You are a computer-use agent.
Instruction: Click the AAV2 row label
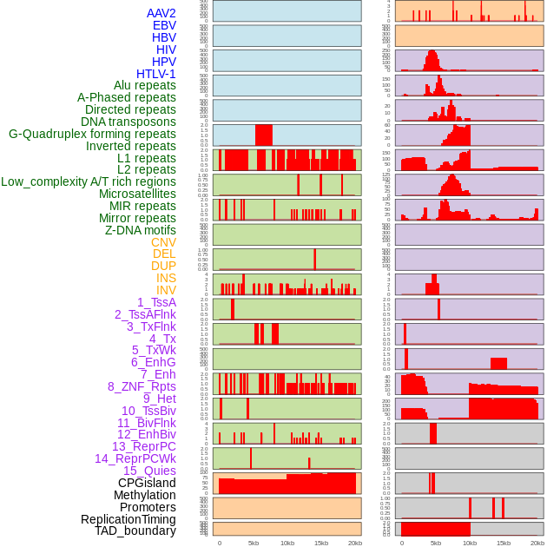click(161, 13)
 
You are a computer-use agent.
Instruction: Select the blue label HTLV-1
click(155, 74)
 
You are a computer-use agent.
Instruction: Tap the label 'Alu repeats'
click(144, 85)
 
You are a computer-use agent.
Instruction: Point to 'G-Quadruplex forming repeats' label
click(92, 134)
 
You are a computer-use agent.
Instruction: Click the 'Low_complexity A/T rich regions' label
click(89, 181)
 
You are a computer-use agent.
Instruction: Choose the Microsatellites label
click(137, 194)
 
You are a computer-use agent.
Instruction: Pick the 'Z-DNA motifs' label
click(140, 230)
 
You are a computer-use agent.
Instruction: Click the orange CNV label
click(163, 242)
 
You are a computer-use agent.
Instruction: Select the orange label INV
click(166, 290)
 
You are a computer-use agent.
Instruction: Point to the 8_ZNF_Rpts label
click(142, 386)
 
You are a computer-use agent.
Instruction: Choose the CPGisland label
click(147, 483)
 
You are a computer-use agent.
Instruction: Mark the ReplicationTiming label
click(128, 519)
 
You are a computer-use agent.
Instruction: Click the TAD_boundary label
click(135, 531)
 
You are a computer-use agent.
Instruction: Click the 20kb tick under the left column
click(354, 543)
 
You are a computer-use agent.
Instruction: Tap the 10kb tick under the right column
click(470, 543)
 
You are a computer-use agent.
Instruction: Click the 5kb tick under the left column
click(254, 543)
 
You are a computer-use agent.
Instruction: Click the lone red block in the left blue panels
click(263, 135)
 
